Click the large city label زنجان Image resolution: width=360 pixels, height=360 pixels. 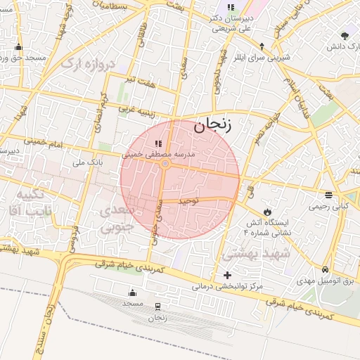pyautogui.click(x=219, y=124)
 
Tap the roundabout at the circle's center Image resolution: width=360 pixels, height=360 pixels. pyautogui.click(x=165, y=164)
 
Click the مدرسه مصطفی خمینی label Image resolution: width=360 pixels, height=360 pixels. pyautogui.click(x=162, y=153)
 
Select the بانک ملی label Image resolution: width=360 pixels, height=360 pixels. pyautogui.click(x=84, y=162)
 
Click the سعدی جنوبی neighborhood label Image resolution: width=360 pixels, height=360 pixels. pyautogui.click(x=116, y=219)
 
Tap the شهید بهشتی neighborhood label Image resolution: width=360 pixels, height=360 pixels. pyautogui.click(x=250, y=252)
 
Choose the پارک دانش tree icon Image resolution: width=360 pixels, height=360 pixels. pyautogui.click(x=344, y=36)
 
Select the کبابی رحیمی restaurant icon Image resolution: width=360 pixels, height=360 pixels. pyautogui.click(x=328, y=195)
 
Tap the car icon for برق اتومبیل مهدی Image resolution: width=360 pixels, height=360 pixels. pyautogui.click(x=324, y=270)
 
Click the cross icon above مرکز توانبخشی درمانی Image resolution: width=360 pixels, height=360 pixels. pyautogui.click(x=226, y=275)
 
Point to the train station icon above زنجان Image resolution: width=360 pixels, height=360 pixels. pyautogui.click(x=157, y=307)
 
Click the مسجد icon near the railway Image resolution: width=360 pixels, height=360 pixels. pyautogui.click(x=132, y=293)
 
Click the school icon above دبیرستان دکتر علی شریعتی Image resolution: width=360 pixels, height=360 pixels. pyautogui.click(x=231, y=8)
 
